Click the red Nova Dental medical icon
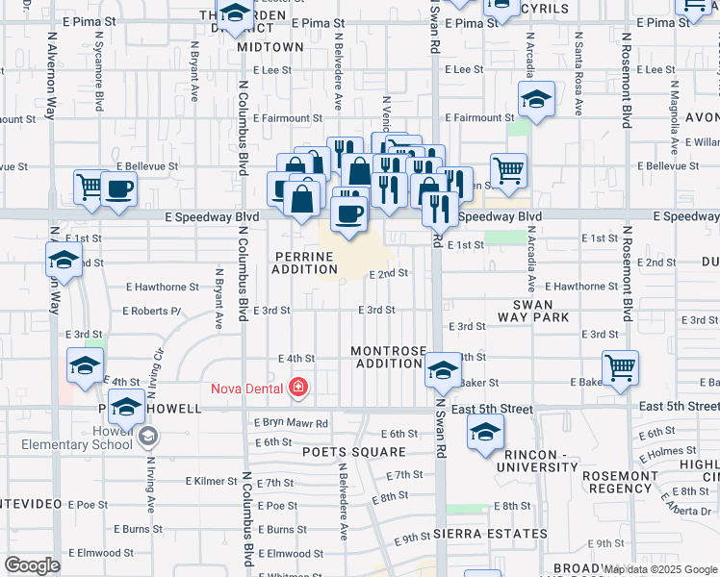[299, 389]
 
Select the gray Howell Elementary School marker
[147, 438]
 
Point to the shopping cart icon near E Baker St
[620, 366]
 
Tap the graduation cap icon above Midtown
[233, 15]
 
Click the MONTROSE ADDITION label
[388, 357]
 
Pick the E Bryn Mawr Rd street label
[291, 422]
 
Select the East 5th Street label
[492, 409]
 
